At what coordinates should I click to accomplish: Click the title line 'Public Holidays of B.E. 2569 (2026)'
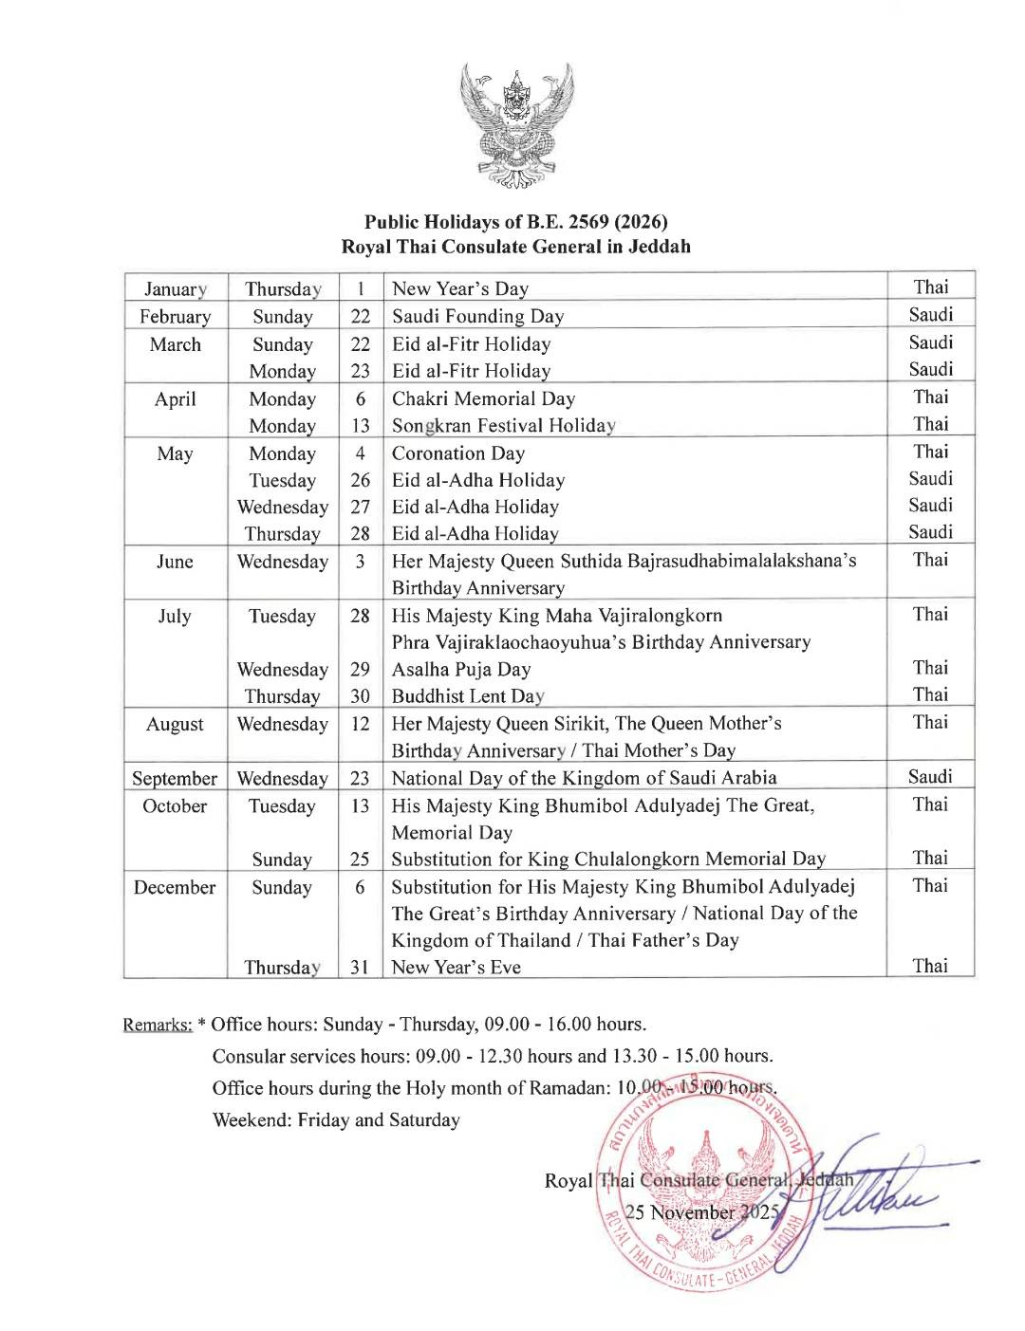(x=516, y=222)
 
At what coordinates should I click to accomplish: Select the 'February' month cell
(x=175, y=316)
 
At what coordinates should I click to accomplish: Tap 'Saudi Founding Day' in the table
(x=477, y=316)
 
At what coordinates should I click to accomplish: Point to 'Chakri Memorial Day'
(x=483, y=398)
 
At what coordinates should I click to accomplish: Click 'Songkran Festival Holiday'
(x=504, y=426)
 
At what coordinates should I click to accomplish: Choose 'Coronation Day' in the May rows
(x=458, y=453)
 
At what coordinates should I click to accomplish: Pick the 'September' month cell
(x=175, y=778)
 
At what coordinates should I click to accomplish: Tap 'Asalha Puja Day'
(x=461, y=669)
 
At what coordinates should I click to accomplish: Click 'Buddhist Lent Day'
(x=468, y=696)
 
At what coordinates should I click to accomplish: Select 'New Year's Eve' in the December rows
(x=457, y=967)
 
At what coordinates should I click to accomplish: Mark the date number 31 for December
(x=361, y=967)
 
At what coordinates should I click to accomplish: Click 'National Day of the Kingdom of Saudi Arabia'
(x=585, y=778)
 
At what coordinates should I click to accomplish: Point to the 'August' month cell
(x=175, y=724)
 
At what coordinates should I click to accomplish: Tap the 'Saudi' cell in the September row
(x=930, y=776)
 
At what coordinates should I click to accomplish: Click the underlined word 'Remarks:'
(x=158, y=1025)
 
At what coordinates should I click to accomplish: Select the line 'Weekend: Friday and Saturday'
(x=336, y=1119)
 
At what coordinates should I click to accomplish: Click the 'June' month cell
(x=175, y=561)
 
